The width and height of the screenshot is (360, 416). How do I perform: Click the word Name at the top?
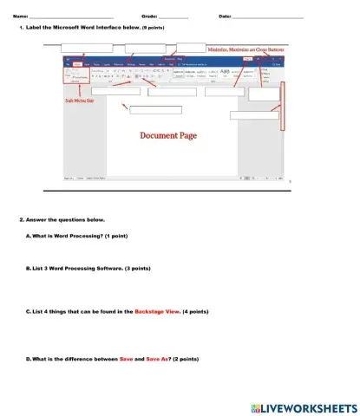point(20,16)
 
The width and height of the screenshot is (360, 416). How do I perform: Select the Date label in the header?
point(225,16)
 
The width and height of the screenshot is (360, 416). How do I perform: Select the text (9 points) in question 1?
point(153,29)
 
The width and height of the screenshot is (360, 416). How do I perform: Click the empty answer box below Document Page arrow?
point(155,110)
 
